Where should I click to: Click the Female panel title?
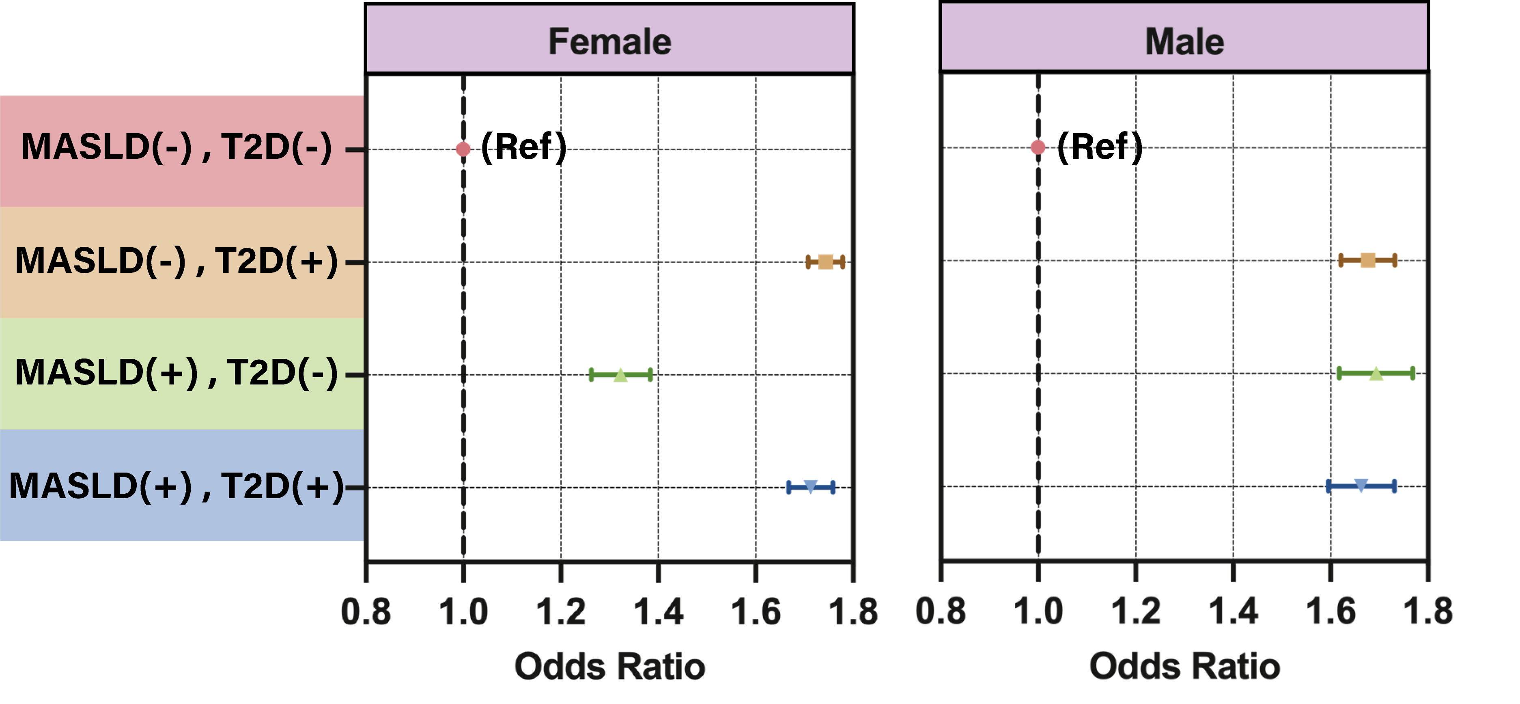609,41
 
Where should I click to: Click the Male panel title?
1184,41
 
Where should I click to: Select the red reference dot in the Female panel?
463,149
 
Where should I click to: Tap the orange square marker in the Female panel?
825,261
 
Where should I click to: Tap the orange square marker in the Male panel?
1368,260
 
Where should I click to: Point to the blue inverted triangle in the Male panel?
1361,486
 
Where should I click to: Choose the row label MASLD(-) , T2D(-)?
177,147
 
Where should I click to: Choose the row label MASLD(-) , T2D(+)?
177,261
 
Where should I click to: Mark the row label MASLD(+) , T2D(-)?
177,373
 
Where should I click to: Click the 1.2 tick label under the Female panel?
560,612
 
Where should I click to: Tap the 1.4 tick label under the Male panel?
1233,611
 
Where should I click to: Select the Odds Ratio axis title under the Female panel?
609,666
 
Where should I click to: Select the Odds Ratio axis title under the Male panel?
1184,666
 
